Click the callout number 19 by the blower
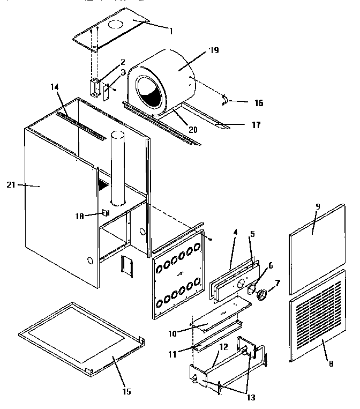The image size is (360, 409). pos(214,50)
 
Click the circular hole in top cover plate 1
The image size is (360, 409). pos(116,25)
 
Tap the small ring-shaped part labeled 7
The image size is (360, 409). pos(263,295)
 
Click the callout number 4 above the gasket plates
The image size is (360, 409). pos(234,232)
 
